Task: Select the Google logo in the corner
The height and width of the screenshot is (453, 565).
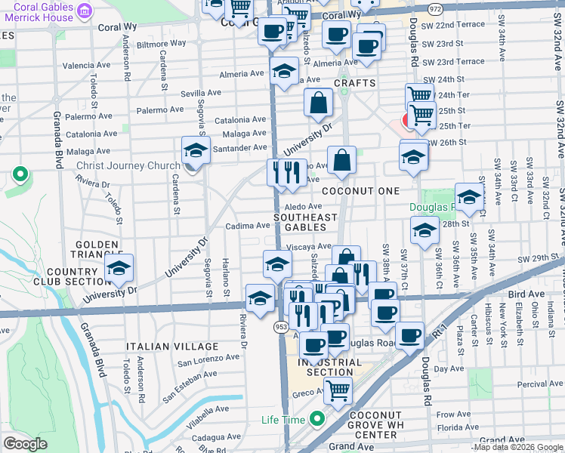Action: (x=25, y=444)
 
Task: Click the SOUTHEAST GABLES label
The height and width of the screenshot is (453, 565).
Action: (x=305, y=223)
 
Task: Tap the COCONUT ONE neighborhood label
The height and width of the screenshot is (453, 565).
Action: (x=360, y=191)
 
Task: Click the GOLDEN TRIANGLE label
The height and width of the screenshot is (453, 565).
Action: (x=97, y=250)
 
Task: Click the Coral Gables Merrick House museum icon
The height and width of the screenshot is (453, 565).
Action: (x=85, y=11)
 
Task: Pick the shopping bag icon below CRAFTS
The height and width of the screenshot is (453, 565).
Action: (x=319, y=102)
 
